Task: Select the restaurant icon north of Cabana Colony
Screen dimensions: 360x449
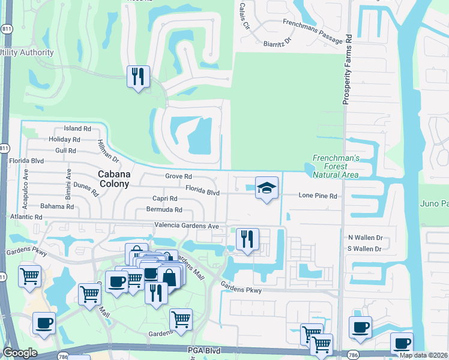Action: pos(139,76)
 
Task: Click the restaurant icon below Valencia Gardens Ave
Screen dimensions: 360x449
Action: pos(247,239)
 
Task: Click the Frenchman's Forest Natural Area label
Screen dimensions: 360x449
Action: pos(336,166)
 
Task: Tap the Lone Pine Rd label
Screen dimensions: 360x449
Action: pos(318,196)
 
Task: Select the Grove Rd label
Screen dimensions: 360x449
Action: pos(178,177)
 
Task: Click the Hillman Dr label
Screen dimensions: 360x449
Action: pos(108,151)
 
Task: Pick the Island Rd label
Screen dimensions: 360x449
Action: pos(77,129)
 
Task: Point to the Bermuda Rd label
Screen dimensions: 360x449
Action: pos(164,210)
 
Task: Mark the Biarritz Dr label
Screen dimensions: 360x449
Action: pos(277,43)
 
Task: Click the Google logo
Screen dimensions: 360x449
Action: pos(20,353)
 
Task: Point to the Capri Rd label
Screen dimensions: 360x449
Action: pos(164,199)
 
